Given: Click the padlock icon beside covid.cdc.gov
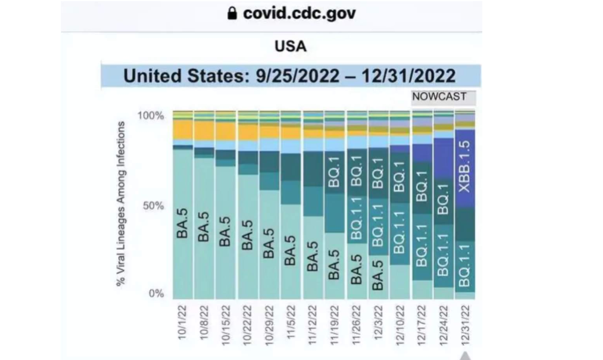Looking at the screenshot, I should [233, 13].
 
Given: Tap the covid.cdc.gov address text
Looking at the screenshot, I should [299, 13].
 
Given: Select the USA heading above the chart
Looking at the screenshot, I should [291, 46].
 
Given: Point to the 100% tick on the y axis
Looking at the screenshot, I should [151, 116].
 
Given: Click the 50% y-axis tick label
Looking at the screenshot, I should [154, 205].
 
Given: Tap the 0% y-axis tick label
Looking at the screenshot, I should [156, 294].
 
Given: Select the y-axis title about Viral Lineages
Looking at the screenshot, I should [121, 204].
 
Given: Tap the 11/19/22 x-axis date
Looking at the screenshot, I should [333, 323].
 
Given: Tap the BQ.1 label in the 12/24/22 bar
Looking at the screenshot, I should [444, 199].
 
